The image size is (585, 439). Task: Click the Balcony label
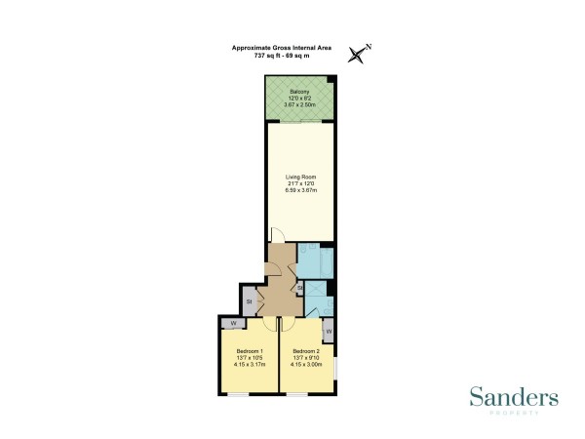pos(299,91)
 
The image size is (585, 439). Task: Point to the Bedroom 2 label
pos(306,351)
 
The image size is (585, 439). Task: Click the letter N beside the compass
pos(369,46)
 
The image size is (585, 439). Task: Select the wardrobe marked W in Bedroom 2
pos(329,332)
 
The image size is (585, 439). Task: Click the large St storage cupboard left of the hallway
pos(250,300)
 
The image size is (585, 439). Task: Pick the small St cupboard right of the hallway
pos(299,289)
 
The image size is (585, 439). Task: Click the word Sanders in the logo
pos(514,397)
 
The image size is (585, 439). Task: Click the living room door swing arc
pos(278,235)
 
